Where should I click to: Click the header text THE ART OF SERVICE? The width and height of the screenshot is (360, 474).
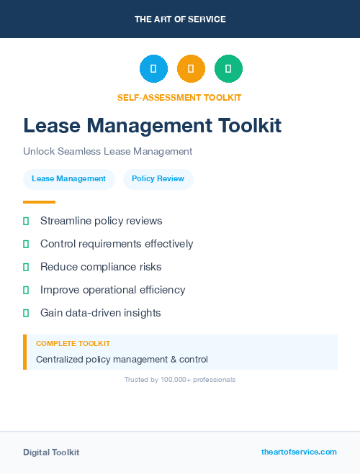click(x=180, y=19)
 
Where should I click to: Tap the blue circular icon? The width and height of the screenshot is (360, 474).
click(x=153, y=69)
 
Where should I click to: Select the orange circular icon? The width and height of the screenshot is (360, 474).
click(x=191, y=69)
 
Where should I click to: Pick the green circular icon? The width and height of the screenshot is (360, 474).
click(x=228, y=69)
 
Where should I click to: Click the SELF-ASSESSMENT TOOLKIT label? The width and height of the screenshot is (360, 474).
click(x=179, y=97)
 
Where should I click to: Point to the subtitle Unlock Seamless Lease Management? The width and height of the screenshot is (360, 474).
click(x=107, y=151)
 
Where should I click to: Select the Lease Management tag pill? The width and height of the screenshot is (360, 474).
click(x=68, y=178)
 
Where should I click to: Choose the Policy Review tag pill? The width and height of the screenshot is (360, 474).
click(x=158, y=178)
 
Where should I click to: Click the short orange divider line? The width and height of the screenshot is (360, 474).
click(x=39, y=201)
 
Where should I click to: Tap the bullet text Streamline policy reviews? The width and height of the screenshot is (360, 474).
click(x=101, y=221)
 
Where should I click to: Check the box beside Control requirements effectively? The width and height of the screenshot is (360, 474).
click(x=26, y=244)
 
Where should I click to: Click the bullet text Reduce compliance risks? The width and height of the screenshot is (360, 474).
click(x=101, y=267)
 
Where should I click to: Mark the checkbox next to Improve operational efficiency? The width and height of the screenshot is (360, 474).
click(x=26, y=290)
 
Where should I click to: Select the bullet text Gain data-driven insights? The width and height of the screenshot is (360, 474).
click(x=100, y=313)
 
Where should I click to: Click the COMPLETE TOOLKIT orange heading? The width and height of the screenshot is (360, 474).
click(x=73, y=344)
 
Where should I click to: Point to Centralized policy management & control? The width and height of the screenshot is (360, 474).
click(x=122, y=359)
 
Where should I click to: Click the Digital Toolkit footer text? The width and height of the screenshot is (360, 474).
click(x=51, y=452)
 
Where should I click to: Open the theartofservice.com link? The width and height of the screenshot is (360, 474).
click(x=299, y=452)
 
